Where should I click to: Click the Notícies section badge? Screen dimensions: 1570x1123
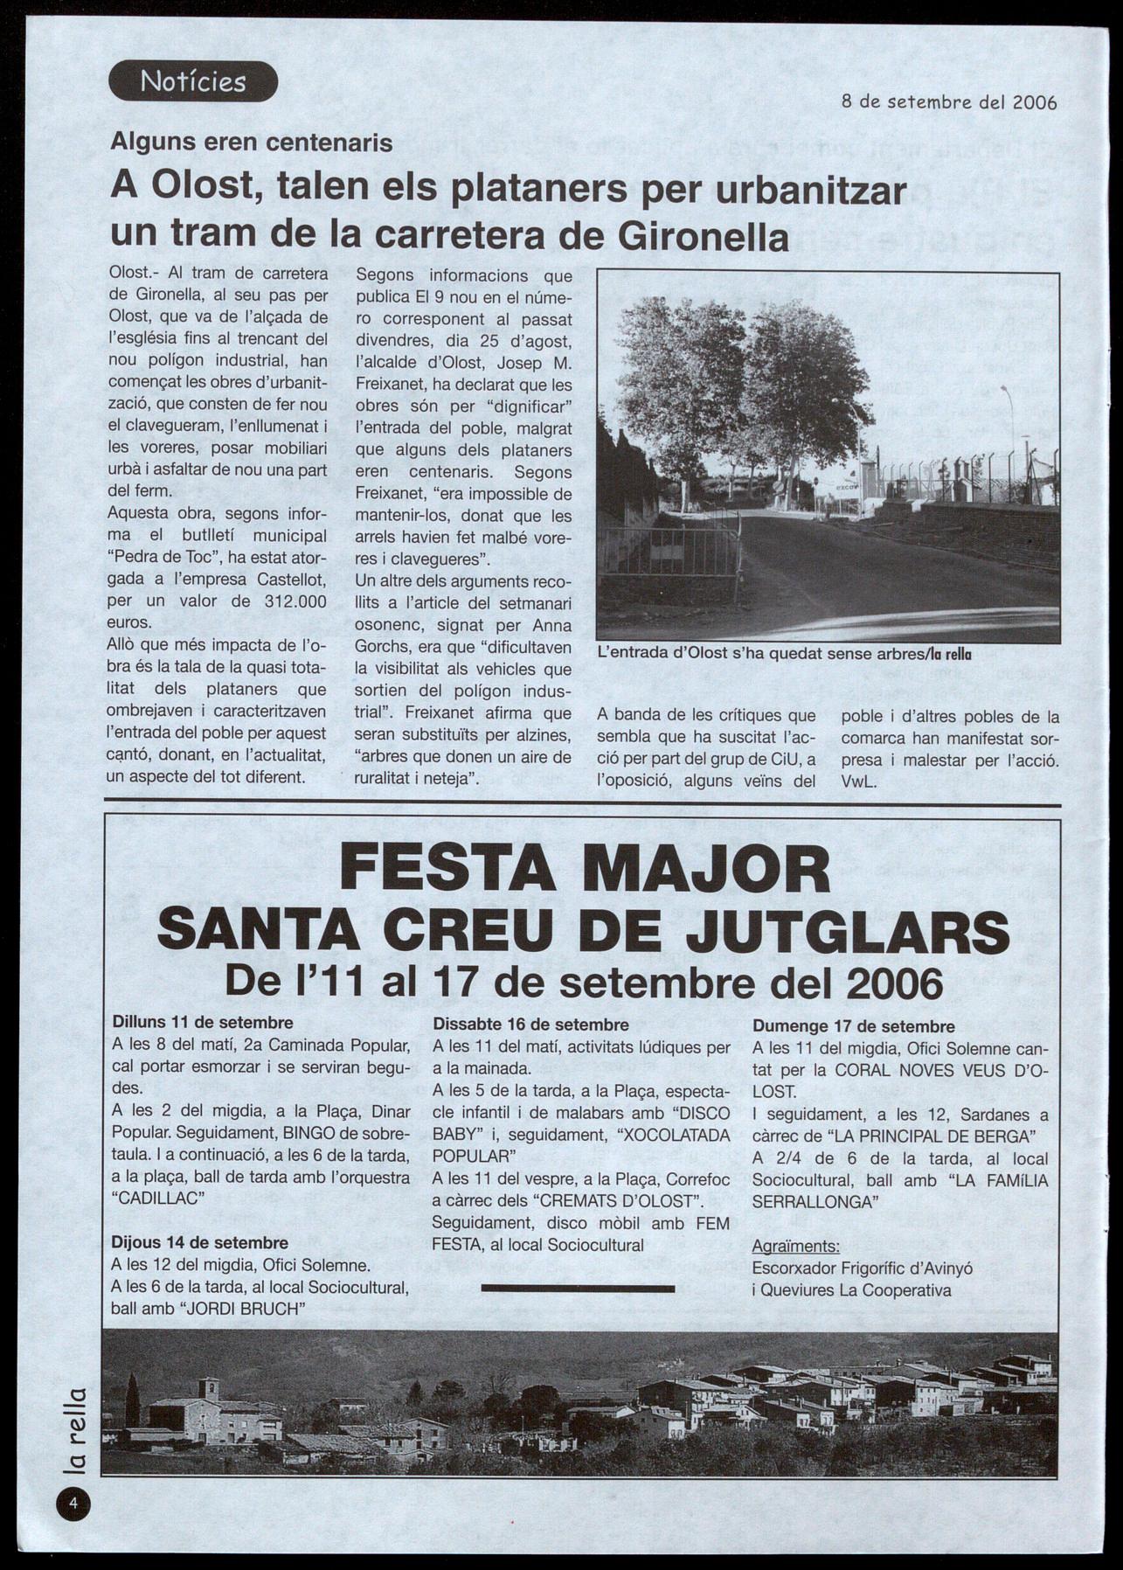193,82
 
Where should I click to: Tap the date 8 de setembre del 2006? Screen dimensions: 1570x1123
948,102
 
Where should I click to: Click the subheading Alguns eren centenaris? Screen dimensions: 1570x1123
252,142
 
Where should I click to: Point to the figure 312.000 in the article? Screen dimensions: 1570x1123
295,601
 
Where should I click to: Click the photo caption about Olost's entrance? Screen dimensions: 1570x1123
784,652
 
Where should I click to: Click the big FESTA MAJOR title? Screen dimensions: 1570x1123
585,870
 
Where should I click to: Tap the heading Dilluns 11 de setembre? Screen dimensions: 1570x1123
203,1022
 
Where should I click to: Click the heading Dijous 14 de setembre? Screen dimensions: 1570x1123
199,1242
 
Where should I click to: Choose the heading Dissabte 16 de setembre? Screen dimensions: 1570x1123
530,1025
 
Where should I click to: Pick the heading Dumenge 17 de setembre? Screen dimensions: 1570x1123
853,1026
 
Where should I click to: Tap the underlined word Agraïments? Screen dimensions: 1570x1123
795,1246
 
